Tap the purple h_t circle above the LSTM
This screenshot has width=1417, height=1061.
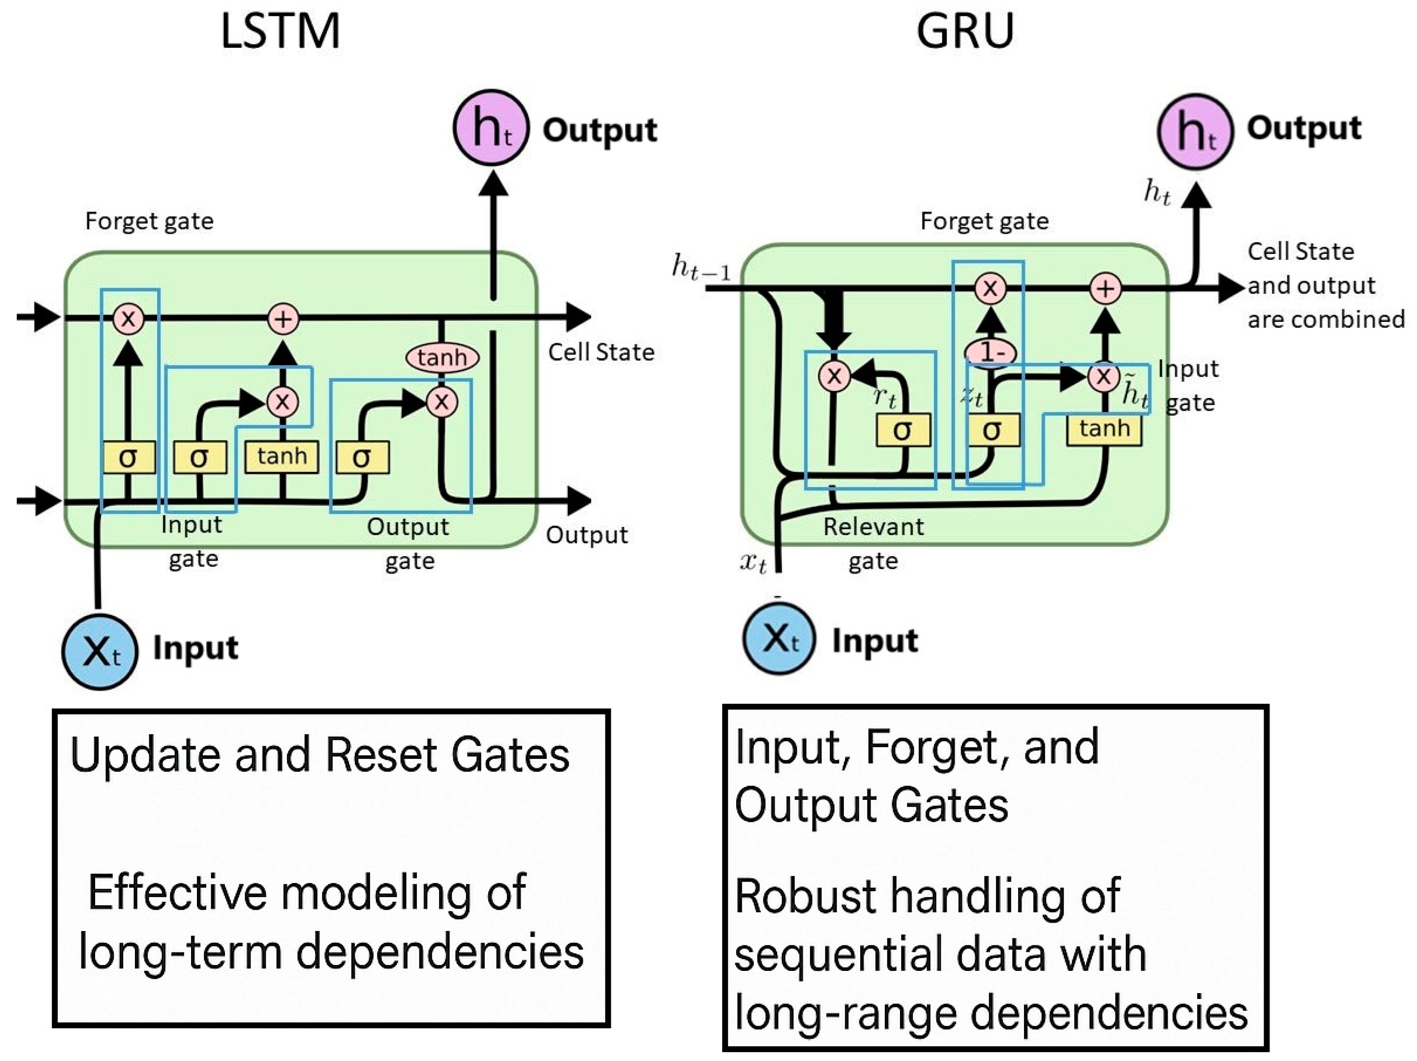point(491,127)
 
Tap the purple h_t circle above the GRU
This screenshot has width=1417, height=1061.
point(1195,131)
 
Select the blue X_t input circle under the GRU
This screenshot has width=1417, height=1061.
point(778,638)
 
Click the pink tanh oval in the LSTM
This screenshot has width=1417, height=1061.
point(442,357)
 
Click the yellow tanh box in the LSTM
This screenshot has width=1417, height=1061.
point(282,457)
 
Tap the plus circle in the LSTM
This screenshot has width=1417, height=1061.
point(283,318)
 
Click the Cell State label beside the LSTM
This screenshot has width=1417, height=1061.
point(601,352)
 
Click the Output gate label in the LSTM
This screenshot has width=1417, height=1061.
point(408,543)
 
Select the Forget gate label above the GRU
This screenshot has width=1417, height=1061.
point(984,221)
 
